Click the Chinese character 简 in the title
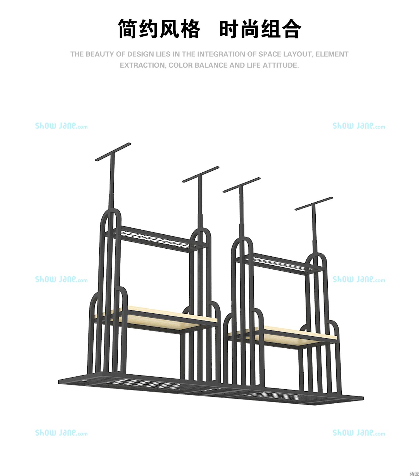[128, 29]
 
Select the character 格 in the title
[190, 29]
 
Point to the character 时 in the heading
[229, 29]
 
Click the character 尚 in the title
[250, 29]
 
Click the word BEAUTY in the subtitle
[101, 54]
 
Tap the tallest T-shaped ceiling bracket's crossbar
[113, 152]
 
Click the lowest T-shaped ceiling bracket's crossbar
[314, 204]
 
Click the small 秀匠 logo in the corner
[414, 473]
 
